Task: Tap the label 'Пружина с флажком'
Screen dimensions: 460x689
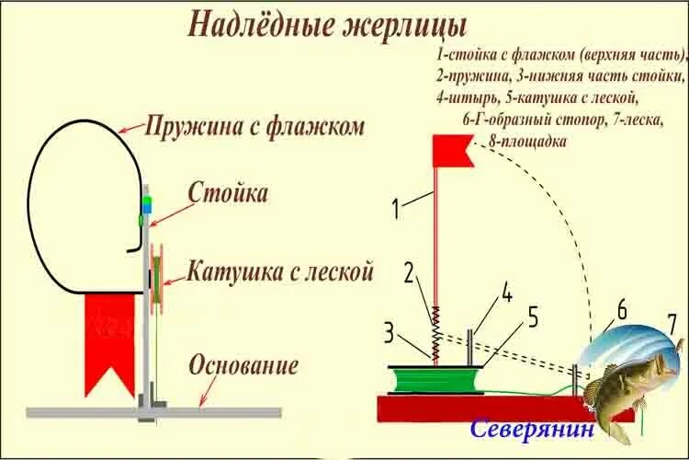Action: pyautogui.click(x=255, y=127)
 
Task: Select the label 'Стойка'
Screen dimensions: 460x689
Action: pyautogui.click(x=228, y=193)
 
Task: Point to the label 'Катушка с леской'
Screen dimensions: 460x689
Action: pyautogui.click(x=280, y=272)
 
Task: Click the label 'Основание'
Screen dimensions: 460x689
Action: pyautogui.click(x=243, y=365)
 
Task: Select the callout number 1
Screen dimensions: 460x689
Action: pyautogui.click(x=396, y=209)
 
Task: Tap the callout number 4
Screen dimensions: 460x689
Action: pyautogui.click(x=506, y=296)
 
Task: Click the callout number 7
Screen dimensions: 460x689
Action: pyautogui.click(x=672, y=324)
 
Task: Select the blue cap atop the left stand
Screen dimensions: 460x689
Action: pyautogui.click(x=146, y=201)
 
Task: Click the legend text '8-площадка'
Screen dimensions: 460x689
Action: pyautogui.click(x=527, y=142)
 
